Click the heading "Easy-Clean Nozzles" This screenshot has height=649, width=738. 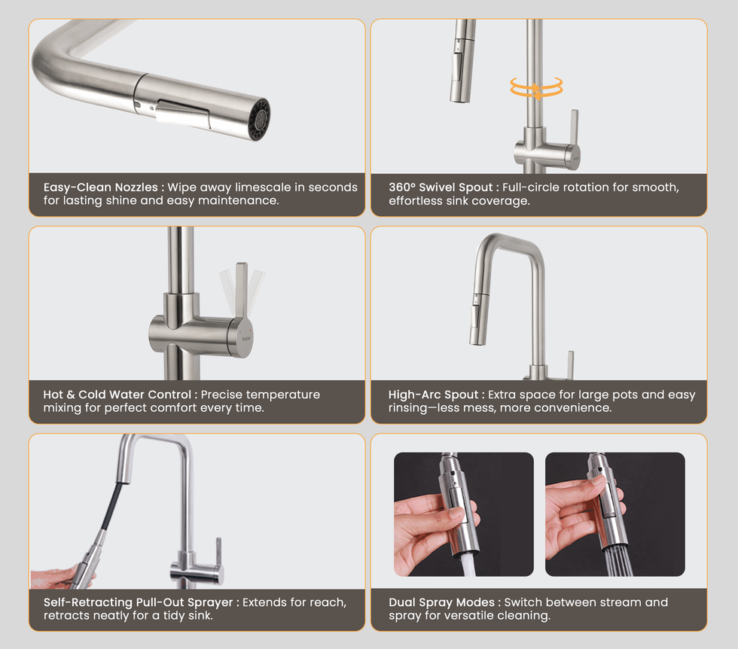(x=101, y=187)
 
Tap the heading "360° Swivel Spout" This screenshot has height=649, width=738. (x=441, y=187)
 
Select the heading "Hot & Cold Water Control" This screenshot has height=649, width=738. (x=117, y=395)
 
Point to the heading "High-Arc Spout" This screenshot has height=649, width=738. (x=433, y=395)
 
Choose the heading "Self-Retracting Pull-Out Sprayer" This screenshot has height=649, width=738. (x=139, y=602)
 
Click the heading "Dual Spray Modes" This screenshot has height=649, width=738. (x=441, y=602)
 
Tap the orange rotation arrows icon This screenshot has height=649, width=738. (x=536, y=87)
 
